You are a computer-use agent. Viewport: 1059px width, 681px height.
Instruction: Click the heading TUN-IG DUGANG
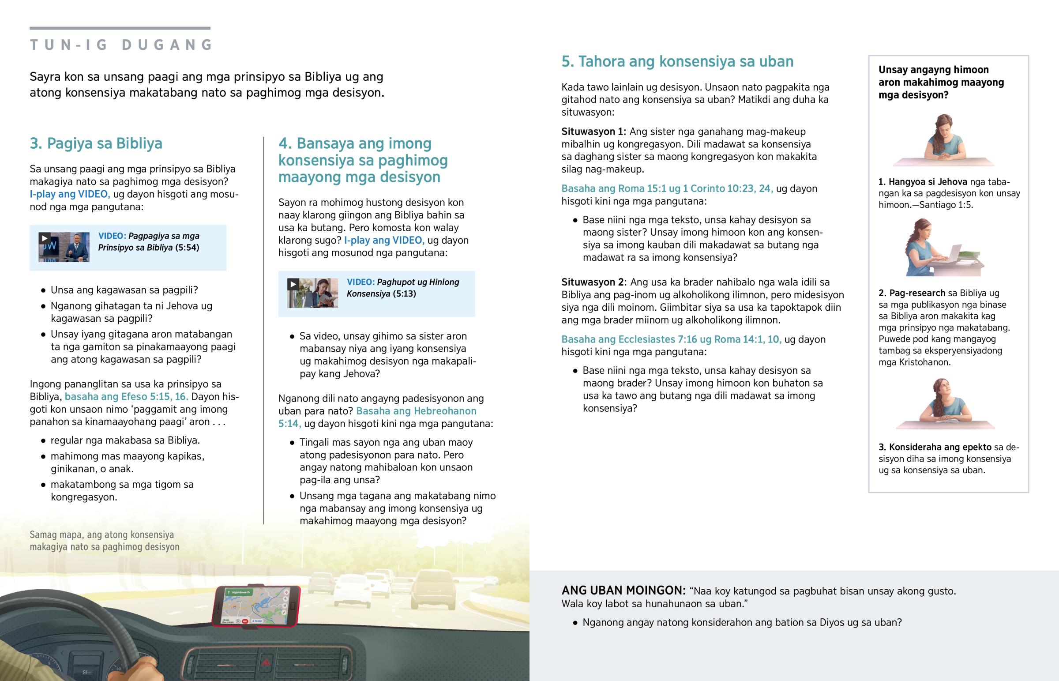pos(121,45)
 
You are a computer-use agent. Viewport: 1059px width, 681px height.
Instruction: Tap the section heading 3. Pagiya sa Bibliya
pos(96,143)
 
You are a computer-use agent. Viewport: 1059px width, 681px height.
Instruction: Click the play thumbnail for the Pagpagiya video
pos(64,247)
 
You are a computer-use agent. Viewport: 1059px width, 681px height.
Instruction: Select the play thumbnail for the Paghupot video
pos(312,293)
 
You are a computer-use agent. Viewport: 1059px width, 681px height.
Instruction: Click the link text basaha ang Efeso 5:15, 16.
pos(126,397)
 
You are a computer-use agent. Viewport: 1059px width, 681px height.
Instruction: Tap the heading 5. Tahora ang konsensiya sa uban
pos(677,61)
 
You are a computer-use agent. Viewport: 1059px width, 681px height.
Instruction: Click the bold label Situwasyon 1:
pos(593,132)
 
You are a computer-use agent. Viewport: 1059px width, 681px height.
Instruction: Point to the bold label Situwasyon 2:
pos(593,282)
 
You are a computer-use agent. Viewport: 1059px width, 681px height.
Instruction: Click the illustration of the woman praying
pos(944,139)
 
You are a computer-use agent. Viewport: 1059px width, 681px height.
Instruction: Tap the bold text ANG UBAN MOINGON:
pos(623,591)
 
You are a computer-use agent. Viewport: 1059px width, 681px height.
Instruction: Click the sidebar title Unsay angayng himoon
pos(941,82)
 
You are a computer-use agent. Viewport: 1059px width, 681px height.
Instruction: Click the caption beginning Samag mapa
pos(104,541)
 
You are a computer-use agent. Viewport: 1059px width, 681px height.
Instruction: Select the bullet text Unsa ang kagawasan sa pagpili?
pos(124,290)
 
